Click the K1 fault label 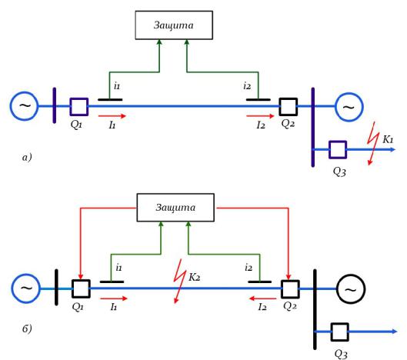(388, 140)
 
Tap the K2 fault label (194, 277)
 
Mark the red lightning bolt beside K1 (372, 143)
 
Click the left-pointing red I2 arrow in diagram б (262, 298)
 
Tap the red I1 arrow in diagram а (112, 116)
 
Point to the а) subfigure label (27, 158)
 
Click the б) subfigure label (27, 328)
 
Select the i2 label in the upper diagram (247, 85)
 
